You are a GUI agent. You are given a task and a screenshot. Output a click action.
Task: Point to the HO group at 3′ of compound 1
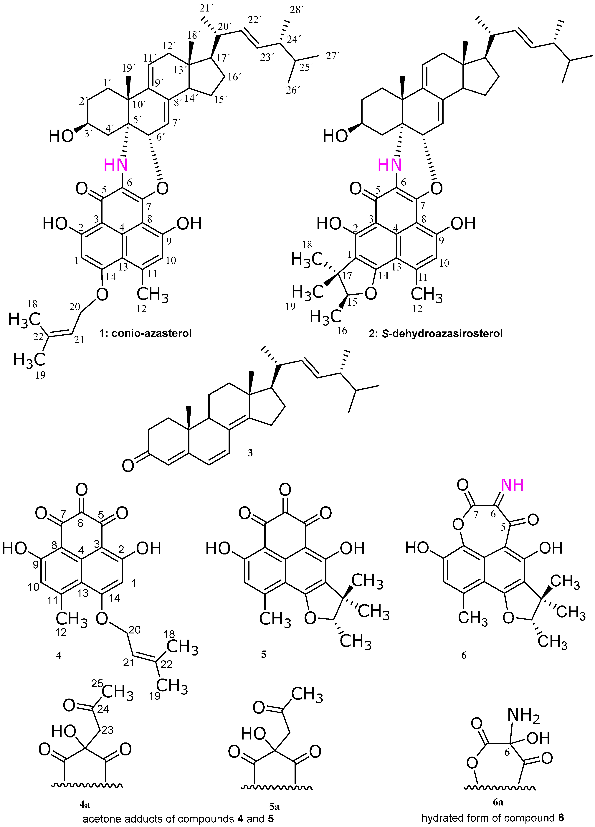[x=61, y=137]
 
